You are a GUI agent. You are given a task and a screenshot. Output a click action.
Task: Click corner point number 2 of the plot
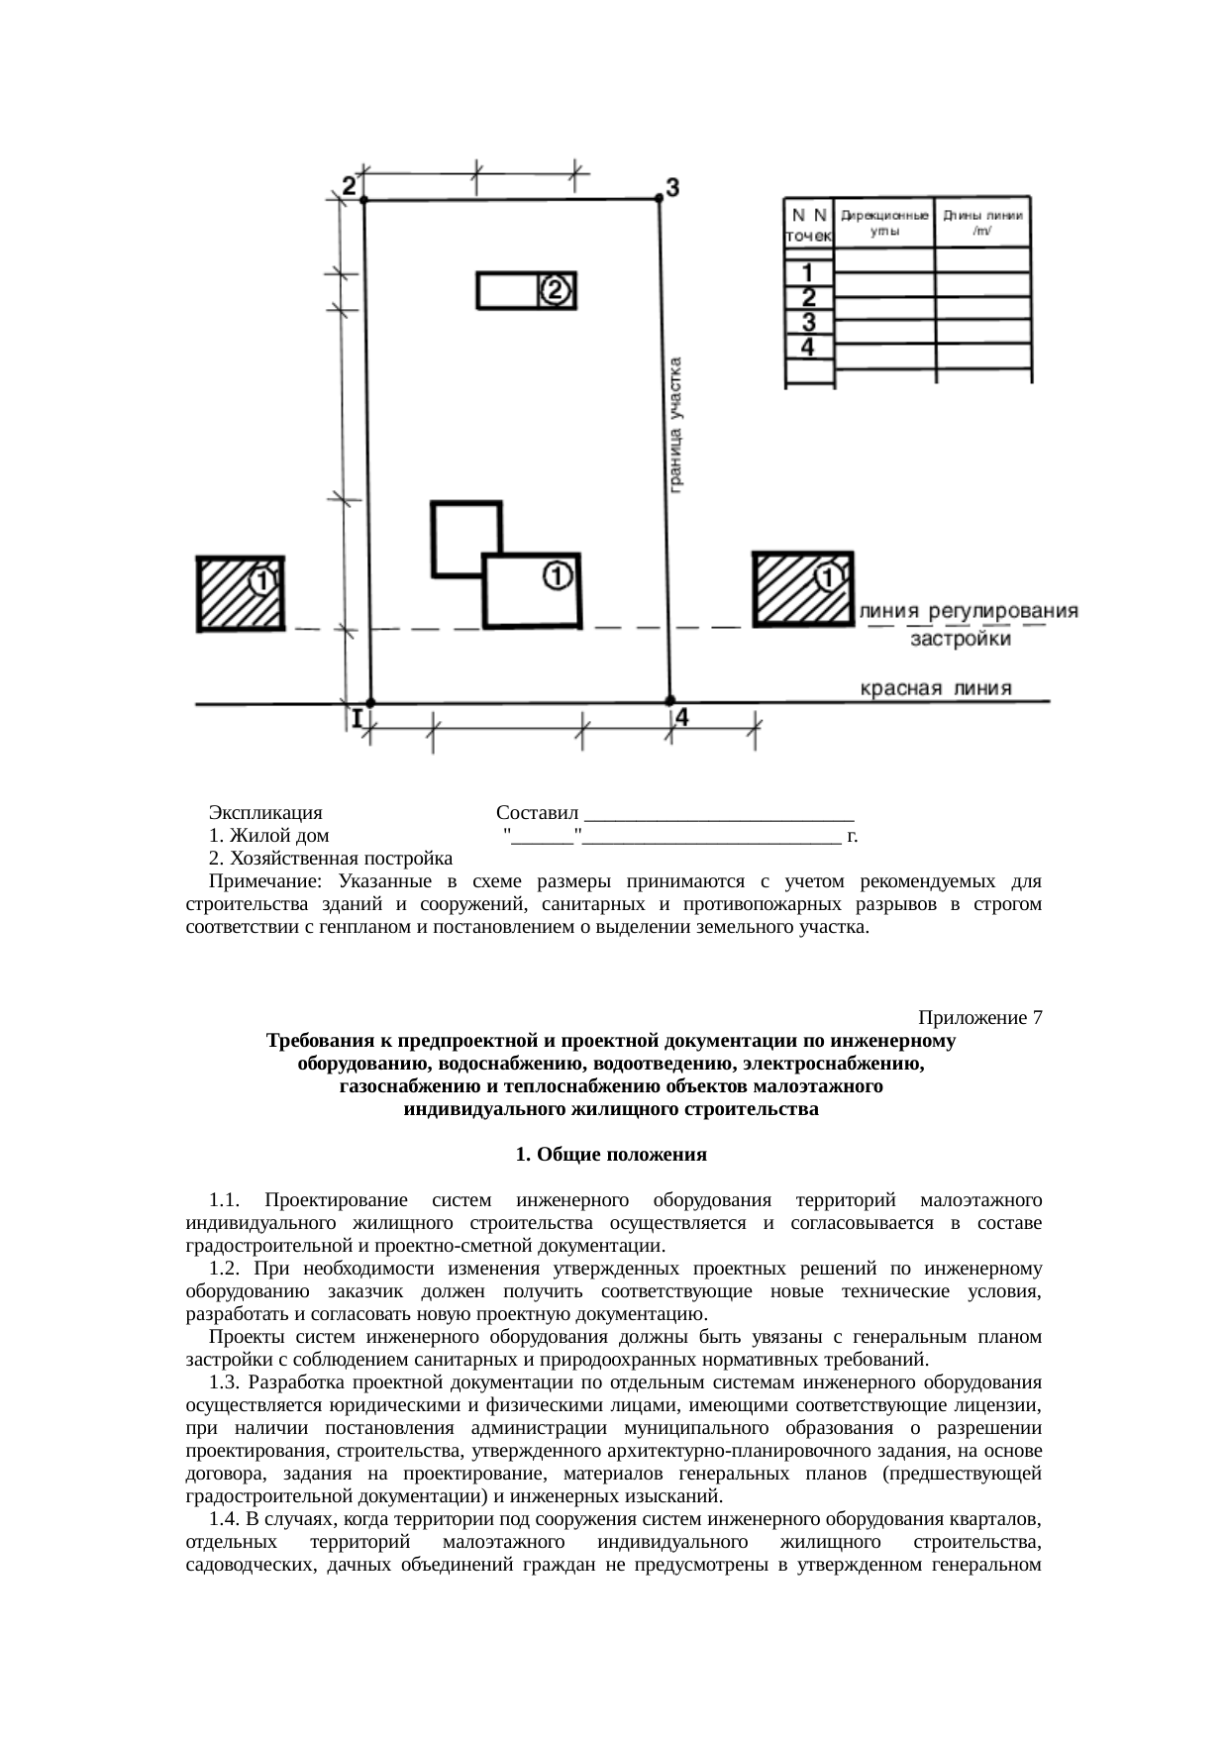(x=364, y=200)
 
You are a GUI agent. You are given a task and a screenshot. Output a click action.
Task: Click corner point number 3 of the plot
(x=660, y=198)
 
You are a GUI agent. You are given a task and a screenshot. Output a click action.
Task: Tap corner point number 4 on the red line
(x=669, y=701)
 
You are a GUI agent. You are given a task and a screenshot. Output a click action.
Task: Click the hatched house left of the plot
(x=241, y=593)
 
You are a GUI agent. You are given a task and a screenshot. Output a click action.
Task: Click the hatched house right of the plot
(x=802, y=588)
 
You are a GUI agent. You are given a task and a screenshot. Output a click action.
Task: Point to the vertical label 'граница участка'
(x=676, y=424)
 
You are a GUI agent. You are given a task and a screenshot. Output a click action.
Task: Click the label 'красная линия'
(x=936, y=688)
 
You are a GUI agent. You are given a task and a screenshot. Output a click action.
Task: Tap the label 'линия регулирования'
(x=970, y=611)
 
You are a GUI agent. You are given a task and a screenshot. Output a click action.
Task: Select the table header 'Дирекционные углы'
(x=884, y=222)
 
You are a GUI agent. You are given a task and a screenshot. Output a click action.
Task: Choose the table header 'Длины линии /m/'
(x=982, y=222)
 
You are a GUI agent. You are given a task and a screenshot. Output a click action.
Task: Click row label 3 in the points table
(x=809, y=322)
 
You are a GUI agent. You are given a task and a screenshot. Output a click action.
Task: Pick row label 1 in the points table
(x=809, y=271)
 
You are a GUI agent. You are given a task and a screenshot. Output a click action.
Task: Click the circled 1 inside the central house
(x=558, y=574)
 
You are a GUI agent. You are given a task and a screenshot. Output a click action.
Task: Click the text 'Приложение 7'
(x=979, y=1018)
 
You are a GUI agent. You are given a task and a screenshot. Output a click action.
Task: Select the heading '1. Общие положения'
(x=611, y=1155)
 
